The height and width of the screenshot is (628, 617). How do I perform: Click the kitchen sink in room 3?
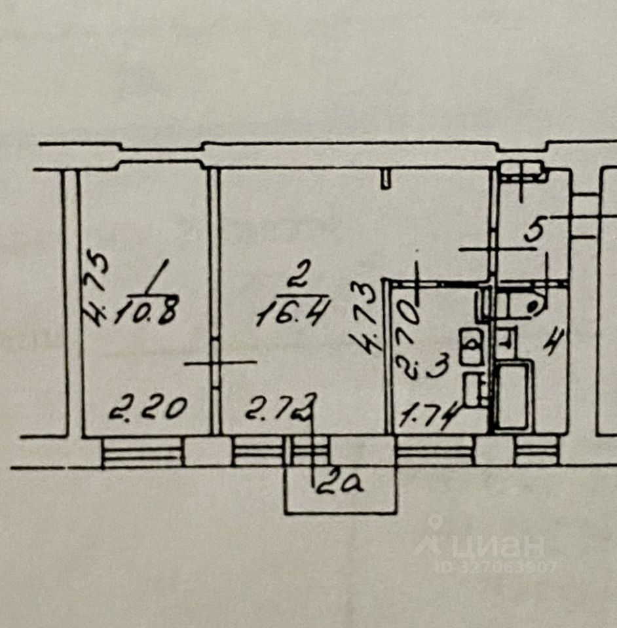tap(471, 347)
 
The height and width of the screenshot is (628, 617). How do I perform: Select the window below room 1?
tap(141, 451)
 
